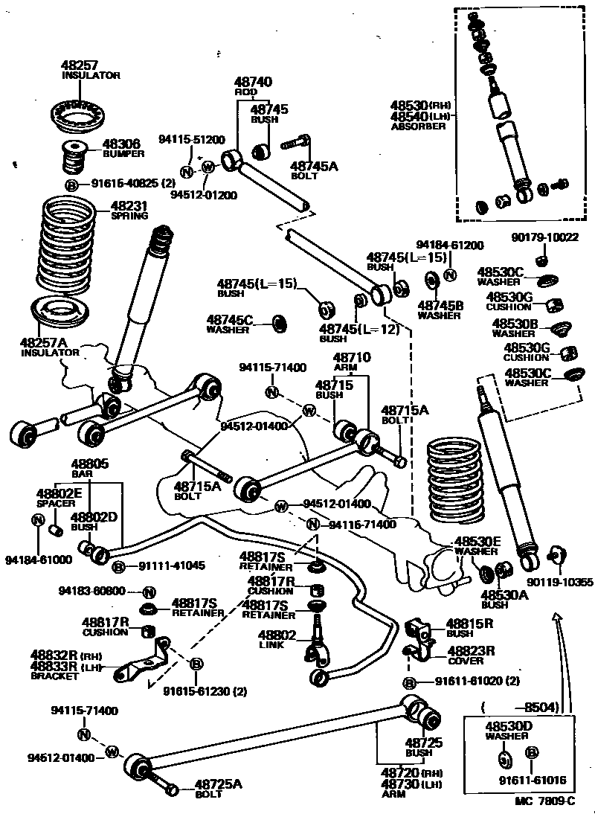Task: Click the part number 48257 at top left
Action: pyautogui.click(x=80, y=65)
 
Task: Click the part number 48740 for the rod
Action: pyautogui.click(x=253, y=83)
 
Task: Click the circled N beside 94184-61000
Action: pyautogui.click(x=38, y=519)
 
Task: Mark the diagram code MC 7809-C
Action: pyautogui.click(x=544, y=801)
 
